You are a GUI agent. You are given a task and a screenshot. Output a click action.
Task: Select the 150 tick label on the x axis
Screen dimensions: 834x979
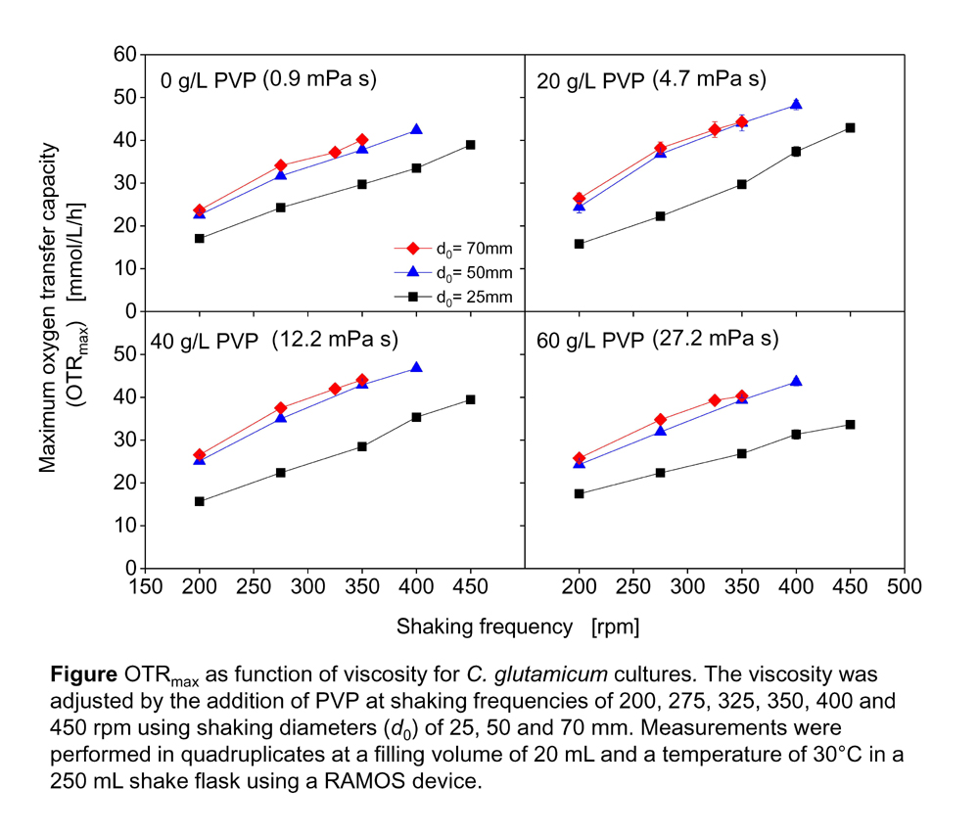click(x=146, y=587)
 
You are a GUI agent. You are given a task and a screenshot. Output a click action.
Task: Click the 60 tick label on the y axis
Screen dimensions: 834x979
click(x=123, y=54)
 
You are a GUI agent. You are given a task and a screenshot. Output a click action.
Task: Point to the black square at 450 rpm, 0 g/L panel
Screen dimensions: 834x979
click(x=471, y=145)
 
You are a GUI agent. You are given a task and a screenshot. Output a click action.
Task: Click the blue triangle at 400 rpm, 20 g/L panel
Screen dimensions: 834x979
click(x=796, y=105)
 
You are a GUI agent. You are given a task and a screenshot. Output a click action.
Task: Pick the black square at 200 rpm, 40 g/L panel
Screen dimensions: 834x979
click(x=200, y=501)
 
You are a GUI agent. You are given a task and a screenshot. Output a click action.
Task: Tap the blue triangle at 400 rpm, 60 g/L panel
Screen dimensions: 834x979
click(x=796, y=382)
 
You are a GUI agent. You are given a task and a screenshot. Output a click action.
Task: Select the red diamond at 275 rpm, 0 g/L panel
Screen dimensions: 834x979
click(x=281, y=166)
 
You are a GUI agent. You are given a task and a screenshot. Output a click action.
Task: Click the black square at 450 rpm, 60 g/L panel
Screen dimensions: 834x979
click(x=850, y=424)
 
